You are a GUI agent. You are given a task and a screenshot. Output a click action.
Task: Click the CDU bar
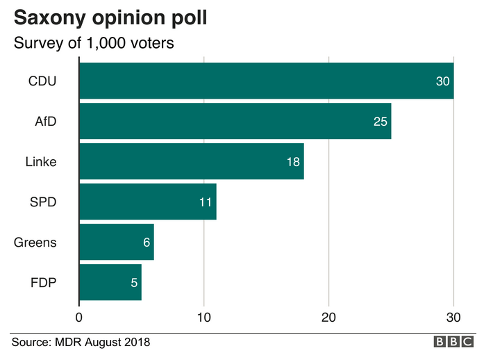tap(267, 81)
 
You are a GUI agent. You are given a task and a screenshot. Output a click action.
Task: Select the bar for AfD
tap(235, 121)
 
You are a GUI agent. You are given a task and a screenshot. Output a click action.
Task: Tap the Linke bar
tap(192, 161)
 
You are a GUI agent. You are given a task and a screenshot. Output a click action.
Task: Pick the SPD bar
tap(148, 202)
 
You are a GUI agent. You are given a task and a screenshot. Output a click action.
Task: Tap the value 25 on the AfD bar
tap(381, 122)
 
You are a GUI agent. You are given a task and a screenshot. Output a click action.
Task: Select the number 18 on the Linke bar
tap(293, 162)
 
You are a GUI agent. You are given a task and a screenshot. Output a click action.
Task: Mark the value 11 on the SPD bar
tap(206, 202)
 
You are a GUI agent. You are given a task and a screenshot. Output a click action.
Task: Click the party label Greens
tap(35, 243)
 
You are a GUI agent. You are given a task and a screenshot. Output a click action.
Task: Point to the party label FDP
tap(44, 283)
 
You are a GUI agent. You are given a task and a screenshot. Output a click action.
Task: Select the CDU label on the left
tap(42, 81)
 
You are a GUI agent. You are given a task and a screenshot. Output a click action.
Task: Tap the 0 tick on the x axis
tap(79, 318)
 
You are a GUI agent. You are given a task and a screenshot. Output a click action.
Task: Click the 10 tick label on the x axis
tap(203, 318)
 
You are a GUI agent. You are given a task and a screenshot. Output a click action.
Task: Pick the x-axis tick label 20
tap(328, 318)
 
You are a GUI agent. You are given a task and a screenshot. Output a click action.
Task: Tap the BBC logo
tap(453, 342)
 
